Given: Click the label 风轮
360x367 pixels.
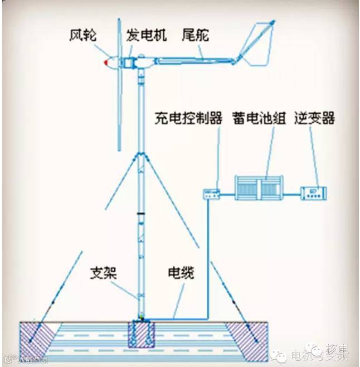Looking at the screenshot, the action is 83,36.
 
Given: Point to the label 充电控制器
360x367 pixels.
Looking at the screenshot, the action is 190,119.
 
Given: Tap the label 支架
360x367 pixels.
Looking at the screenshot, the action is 101,274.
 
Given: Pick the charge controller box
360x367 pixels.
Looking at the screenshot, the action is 212,194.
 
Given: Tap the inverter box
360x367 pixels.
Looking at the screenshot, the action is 313,193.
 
